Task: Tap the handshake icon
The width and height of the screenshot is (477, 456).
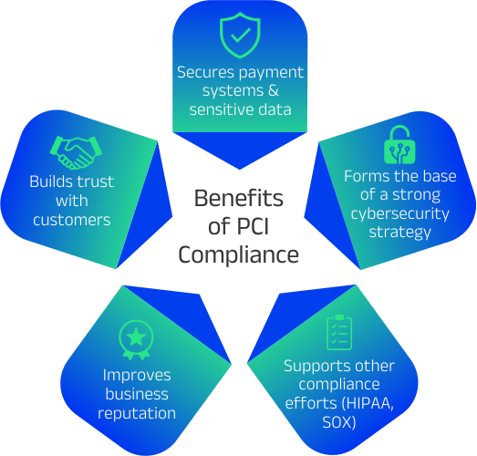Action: tap(76, 152)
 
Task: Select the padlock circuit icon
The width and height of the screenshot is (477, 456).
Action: tap(399, 145)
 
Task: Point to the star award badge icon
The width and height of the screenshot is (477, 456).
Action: tap(136, 340)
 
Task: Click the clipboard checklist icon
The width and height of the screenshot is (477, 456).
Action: tap(339, 333)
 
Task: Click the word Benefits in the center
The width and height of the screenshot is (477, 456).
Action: tap(239, 198)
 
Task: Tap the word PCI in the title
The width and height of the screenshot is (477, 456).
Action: tap(253, 226)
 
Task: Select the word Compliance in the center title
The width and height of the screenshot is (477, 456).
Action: tap(238, 255)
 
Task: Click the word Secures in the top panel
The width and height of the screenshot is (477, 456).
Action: tap(205, 72)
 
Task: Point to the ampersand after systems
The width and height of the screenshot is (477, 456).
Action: tap(274, 90)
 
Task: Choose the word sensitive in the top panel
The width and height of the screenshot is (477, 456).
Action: tap(217, 109)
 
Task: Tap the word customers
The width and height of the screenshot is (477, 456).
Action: tap(71, 220)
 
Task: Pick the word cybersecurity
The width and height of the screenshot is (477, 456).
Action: tap(400, 214)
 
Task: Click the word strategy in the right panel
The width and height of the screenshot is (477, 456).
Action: tap(400, 233)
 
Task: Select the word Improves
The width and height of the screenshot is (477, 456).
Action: tap(137, 376)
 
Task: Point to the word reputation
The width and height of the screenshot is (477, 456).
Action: tap(137, 414)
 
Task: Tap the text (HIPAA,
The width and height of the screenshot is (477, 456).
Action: tap(368, 403)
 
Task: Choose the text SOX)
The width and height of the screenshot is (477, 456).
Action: tap(339, 422)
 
